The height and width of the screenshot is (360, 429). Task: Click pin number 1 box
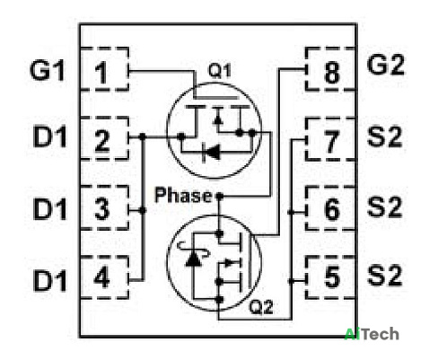pos(104,69)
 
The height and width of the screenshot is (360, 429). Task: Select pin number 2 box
pos(104,138)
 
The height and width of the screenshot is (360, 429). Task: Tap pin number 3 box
pos(104,207)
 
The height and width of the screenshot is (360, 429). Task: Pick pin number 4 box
pos(104,277)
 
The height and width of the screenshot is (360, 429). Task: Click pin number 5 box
pos(331,277)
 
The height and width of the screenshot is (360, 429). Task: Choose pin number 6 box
pos(331,208)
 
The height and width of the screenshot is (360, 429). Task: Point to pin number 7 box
pos(331,139)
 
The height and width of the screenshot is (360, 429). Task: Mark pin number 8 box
pos(331,69)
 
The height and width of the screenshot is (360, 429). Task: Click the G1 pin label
pos(48,71)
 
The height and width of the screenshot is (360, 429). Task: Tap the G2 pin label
pos(385,65)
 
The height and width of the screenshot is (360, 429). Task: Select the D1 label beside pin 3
pos(49,208)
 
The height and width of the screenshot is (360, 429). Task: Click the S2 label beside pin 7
pos(384,136)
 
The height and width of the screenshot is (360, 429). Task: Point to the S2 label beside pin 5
pos(385,276)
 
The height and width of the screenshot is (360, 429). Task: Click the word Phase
pos(183,195)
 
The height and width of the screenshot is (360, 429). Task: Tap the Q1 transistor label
pos(220,71)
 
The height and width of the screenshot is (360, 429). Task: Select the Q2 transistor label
pos(261,307)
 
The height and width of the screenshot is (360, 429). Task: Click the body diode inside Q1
pos(211,153)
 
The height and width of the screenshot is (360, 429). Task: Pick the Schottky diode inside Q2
pos(193,258)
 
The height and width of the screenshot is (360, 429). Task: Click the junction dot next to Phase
pos(220,197)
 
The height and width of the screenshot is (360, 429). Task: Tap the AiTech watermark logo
pos(372,334)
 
